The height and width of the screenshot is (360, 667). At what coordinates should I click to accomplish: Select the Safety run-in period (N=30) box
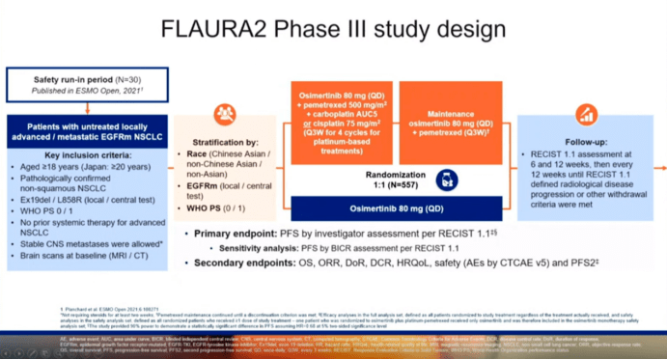pyautogui.click(x=87, y=84)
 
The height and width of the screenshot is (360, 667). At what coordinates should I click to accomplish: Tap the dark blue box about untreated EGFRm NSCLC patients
pyautogui.click(x=87, y=132)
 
